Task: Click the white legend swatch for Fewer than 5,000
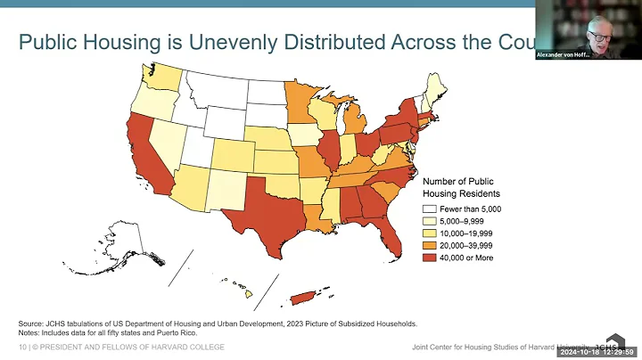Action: [430, 209]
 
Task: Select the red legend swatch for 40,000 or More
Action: [430, 258]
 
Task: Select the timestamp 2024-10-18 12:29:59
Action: [598, 352]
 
